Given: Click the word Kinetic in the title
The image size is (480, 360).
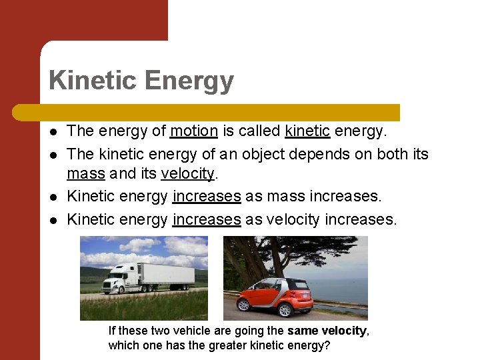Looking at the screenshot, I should click(93, 81).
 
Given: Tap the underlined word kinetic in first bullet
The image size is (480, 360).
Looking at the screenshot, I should click(307, 131).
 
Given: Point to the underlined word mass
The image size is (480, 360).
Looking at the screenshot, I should click(85, 174).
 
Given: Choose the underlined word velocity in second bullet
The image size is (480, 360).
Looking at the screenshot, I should click(187, 174).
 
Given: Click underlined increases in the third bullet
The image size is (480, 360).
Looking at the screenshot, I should click(206, 196).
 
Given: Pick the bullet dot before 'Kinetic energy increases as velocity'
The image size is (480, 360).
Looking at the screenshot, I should click(53, 219).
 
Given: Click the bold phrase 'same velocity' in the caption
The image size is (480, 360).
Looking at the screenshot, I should click(327, 331).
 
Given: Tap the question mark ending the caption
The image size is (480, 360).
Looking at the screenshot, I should click(329, 345).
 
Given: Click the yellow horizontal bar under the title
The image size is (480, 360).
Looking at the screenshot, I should click(220, 112).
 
